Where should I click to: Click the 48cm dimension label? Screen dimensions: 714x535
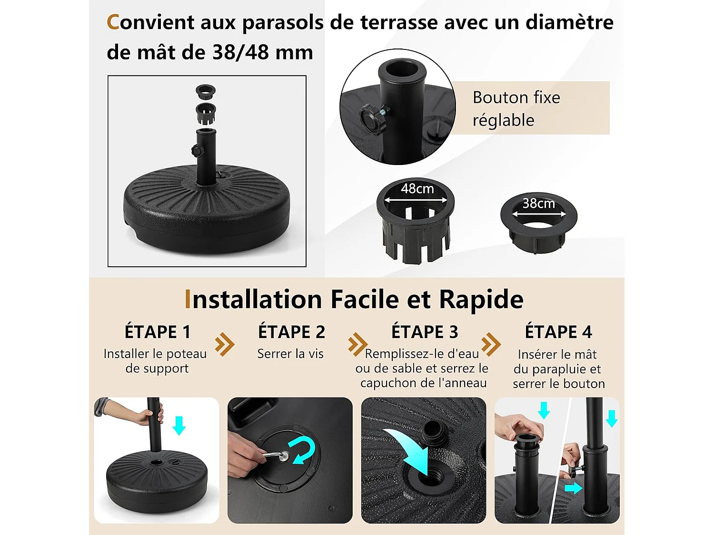pyautogui.click(x=417, y=189)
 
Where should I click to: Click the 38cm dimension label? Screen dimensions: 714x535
pyautogui.click(x=539, y=204)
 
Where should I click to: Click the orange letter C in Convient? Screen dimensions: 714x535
pyautogui.click(x=112, y=22)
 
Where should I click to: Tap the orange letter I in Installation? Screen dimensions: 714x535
pyautogui.click(x=187, y=299)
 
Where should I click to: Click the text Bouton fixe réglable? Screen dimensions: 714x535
pyautogui.click(x=516, y=109)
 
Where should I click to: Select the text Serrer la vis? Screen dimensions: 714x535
pyautogui.click(x=290, y=354)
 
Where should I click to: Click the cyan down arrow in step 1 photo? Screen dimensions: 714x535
pyautogui.click(x=179, y=425)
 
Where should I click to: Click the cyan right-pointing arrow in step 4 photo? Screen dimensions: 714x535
pyautogui.click(x=574, y=488)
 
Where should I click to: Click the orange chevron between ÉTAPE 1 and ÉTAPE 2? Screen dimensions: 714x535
pyautogui.click(x=225, y=344)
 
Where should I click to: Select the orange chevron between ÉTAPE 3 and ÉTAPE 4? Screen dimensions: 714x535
pyautogui.click(x=491, y=344)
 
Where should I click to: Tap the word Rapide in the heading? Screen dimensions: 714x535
pyautogui.click(x=481, y=299)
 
